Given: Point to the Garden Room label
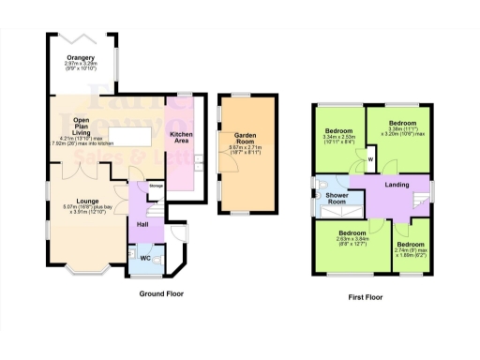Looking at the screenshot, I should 237,135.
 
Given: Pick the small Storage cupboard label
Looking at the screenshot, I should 157,184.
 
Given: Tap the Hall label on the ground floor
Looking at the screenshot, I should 142,224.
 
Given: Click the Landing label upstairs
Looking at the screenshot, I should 397,185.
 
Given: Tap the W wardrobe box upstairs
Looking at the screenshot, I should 371,159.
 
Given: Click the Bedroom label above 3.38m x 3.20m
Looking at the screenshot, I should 403,123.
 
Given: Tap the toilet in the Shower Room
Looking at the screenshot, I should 319,200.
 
